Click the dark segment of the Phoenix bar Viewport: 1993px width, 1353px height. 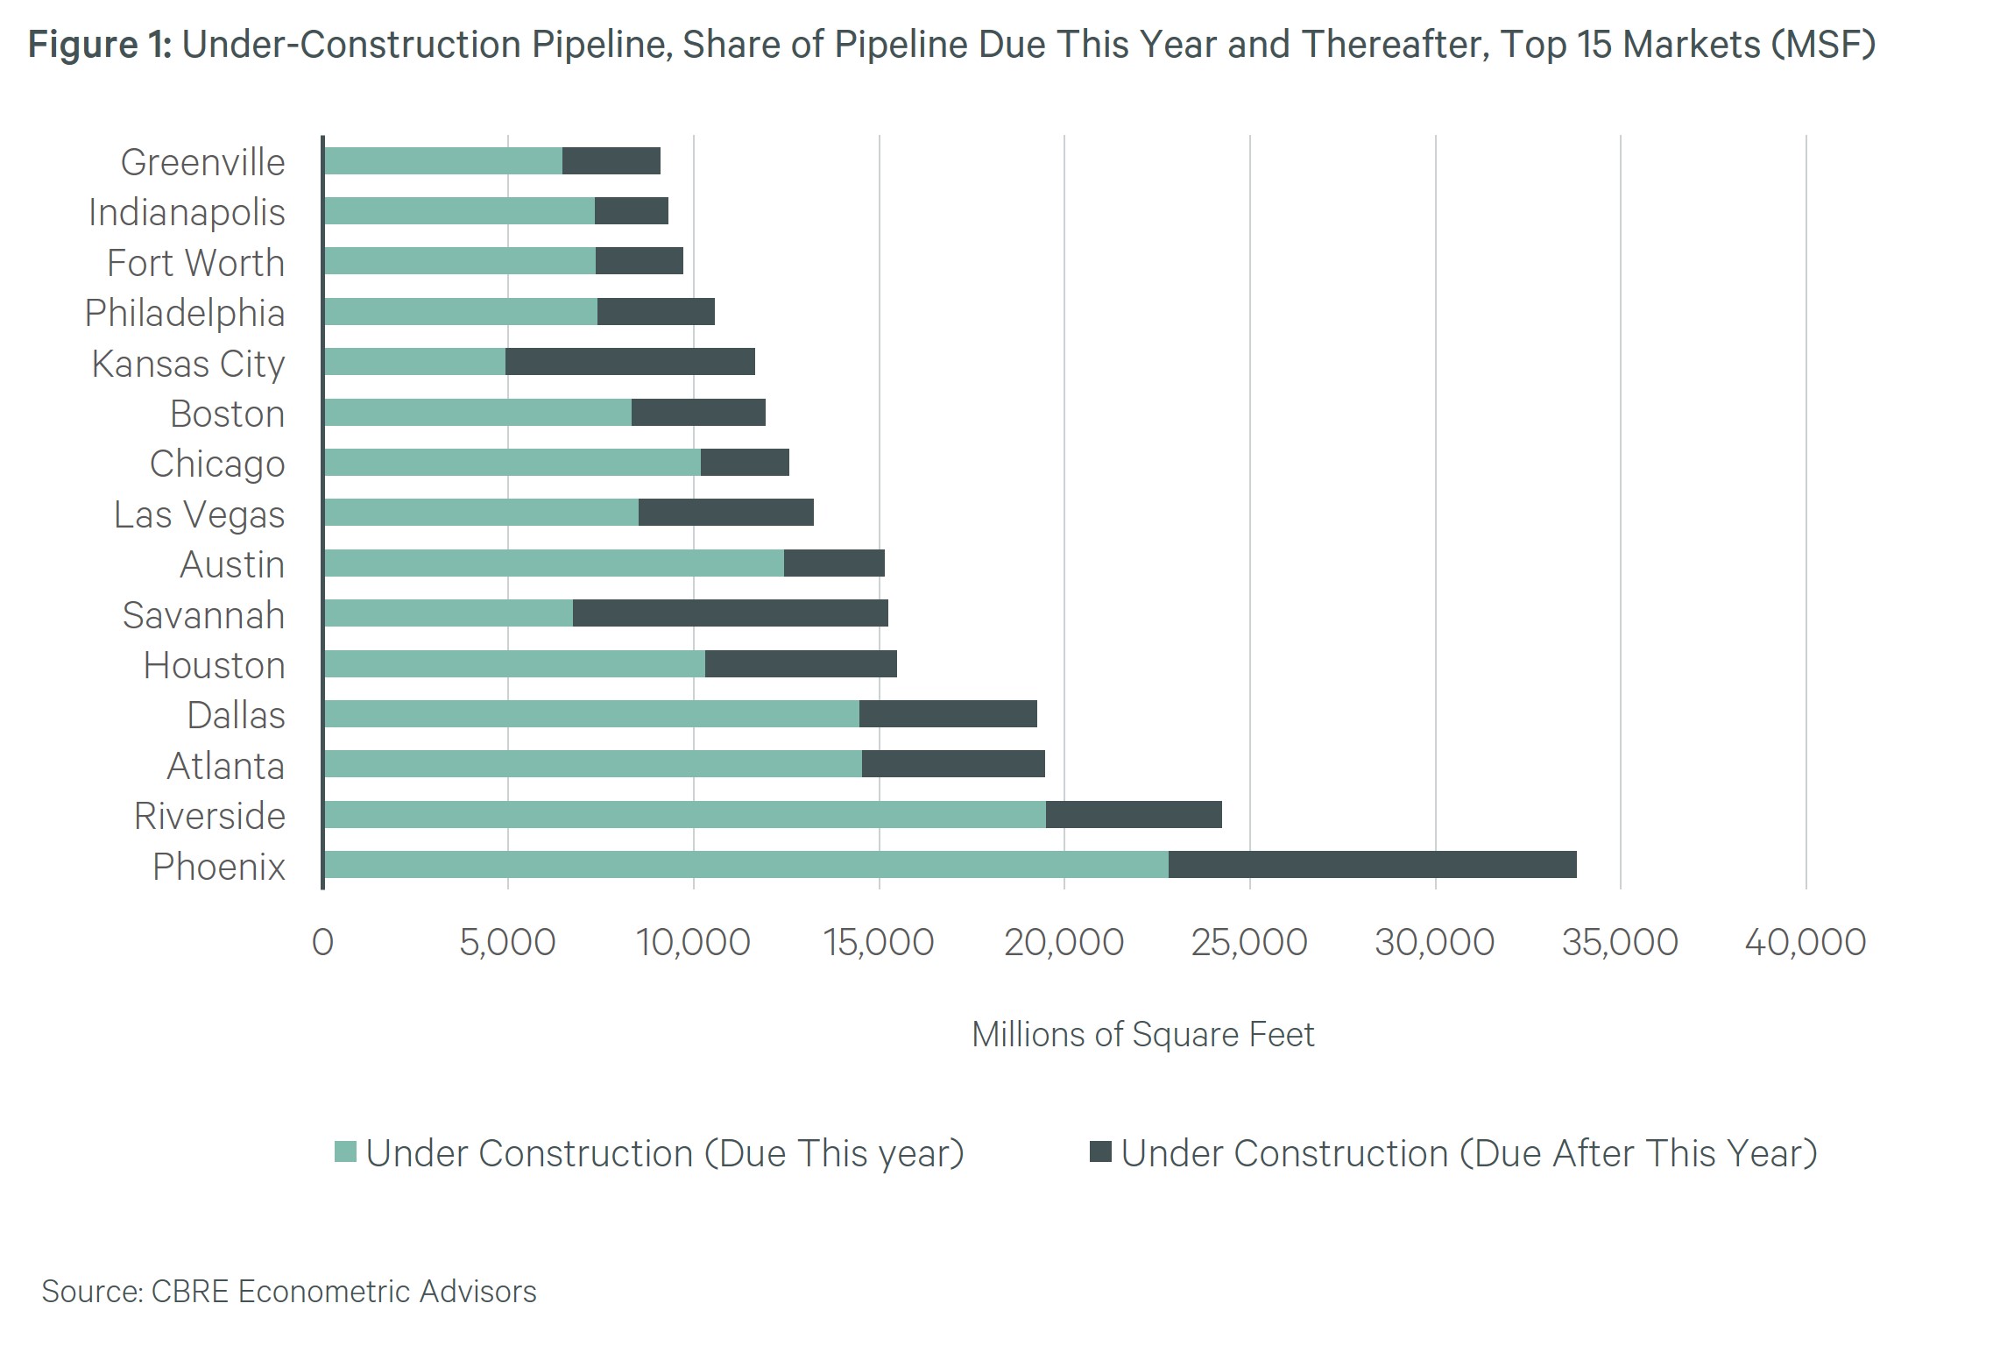[1372, 864]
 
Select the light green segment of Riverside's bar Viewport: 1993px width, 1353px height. [684, 814]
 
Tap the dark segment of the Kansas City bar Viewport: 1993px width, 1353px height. [630, 362]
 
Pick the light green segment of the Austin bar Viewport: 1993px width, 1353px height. [553, 563]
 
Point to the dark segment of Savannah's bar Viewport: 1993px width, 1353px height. [730, 613]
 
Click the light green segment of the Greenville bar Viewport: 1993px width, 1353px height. [442, 161]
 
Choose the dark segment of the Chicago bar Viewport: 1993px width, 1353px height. [745, 463]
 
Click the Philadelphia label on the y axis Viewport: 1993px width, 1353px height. [185, 313]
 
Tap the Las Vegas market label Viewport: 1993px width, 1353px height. [199, 514]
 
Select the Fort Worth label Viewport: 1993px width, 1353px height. [195, 263]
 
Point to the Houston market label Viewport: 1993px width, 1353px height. [214, 665]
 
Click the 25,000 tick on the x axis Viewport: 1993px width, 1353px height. [1249, 943]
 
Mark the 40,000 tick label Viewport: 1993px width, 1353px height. [1805, 943]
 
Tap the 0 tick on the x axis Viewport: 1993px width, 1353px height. [322, 943]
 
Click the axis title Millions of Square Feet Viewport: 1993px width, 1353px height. [1142, 1035]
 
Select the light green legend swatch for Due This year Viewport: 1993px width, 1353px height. [346, 1151]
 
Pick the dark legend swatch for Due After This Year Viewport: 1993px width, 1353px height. [1100, 1151]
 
